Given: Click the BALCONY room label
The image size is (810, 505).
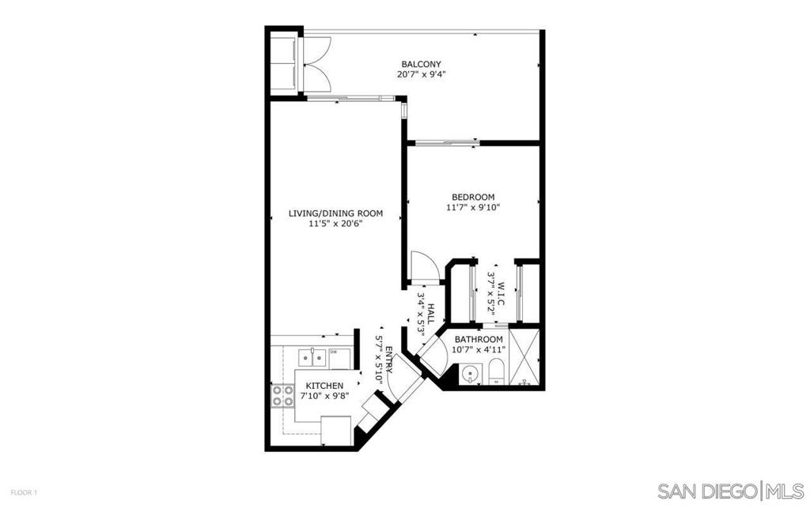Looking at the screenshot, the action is pyautogui.click(x=422, y=65).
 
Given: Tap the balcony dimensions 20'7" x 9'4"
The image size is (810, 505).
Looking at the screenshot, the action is pyautogui.click(x=422, y=74).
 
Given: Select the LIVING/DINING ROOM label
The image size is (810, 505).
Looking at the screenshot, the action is pyautogui.click(x=335, y=213).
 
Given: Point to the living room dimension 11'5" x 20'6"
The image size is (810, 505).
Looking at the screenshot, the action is pyautogui.click(x=335, y=224).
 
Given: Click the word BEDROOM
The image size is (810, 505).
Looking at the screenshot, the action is pyautogui.click(x=473, y=198).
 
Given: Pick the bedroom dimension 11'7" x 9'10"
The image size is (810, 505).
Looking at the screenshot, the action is pyautogui.click(x=473, y=208).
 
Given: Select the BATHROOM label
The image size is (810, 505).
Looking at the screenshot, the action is pyautogui.click(x=479, y=339).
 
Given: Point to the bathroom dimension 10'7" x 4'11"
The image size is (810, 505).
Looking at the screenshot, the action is pyautogui.click(x=479, y=349).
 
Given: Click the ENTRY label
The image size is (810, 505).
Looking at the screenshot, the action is pyautogui.click(x=388, y=360).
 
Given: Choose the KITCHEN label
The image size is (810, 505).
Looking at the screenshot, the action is pyautogui.click(x=324, y=386).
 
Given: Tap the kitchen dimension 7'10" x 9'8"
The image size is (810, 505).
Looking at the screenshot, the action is pyautogui.click(x=324, y=396).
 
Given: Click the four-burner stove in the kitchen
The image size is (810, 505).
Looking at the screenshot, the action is pyautogui.click(x=282, y=395).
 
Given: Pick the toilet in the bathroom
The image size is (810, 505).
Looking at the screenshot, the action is pyautogui.click(x=497, y=371).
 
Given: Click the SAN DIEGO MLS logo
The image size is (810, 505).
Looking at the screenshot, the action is pyautogui.click(x=730, y=489).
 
